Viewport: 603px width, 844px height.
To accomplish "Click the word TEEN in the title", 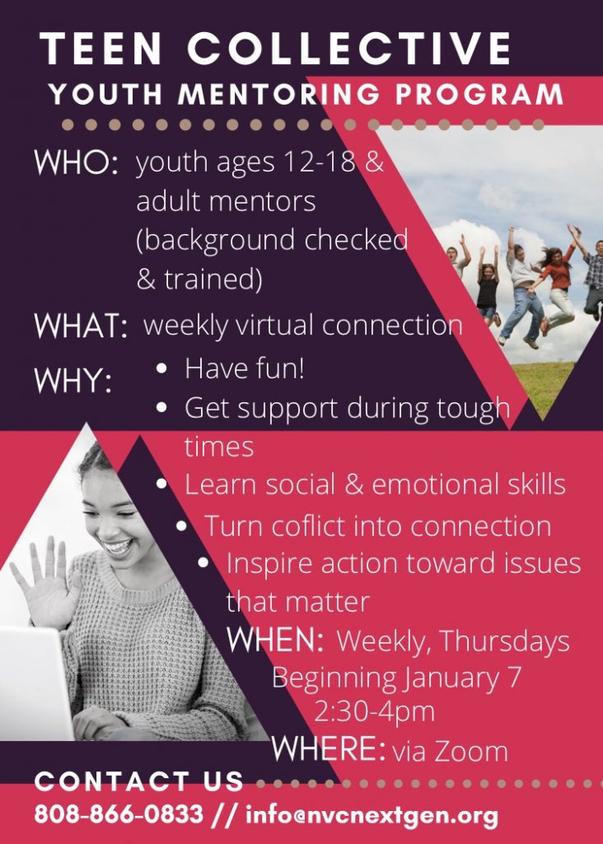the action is click(x=100, y=48).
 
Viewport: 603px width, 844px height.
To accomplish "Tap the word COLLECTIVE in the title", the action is click(x=349, y=48).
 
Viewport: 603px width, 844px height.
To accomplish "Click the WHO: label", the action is click(x=76, y=162).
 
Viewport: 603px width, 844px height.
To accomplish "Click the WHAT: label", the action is click(x=81, y=326).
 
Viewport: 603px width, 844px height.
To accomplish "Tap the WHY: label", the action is click(x=73, y=380).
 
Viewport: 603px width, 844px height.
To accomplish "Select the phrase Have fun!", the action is click(x=245, y=368).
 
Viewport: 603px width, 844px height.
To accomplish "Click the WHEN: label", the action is click(x=275, y=640).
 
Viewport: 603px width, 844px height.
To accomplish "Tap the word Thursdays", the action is click(x=504, y=641).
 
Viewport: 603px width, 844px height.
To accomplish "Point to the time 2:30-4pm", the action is click(x=374, y=711).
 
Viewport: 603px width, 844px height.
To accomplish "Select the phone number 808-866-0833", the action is click(x=119, y=814).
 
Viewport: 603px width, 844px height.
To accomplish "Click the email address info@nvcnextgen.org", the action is click(x=372, y=815).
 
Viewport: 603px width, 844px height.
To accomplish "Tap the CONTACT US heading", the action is click(x=139, y=781).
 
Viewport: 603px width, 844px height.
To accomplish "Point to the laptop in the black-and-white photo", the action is click(x=34, y=682).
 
